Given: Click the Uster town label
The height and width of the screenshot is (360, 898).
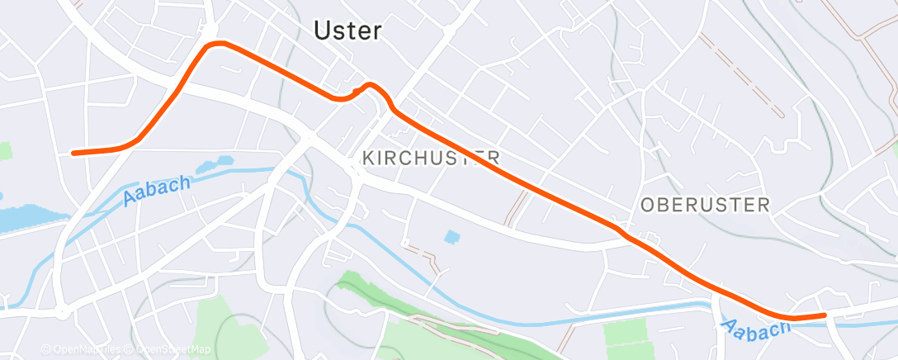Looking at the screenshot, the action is click(347, 31).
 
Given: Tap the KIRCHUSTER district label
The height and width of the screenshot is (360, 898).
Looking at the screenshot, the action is click(431, 157).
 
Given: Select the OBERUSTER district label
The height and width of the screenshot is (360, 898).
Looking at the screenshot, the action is click(705, 205).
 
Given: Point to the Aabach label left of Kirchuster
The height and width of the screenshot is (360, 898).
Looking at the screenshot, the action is click(157, 191).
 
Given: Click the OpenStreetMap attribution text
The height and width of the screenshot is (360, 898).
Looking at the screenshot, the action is click(170, 350).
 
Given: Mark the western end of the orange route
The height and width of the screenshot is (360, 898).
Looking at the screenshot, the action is click(74, 153).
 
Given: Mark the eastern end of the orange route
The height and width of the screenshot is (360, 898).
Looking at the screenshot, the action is click(824, 315).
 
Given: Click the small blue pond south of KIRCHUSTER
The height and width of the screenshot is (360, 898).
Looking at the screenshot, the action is click(451, 237).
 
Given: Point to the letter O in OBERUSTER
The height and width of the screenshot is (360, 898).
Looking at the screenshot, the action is click(649, 205).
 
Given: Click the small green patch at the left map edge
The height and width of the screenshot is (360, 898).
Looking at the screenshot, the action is click(6, 150).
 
